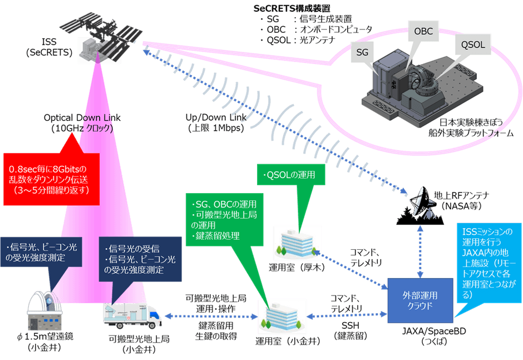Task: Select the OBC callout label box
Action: click(x=421, y=32)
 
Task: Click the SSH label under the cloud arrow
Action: click(x=347, y=326)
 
